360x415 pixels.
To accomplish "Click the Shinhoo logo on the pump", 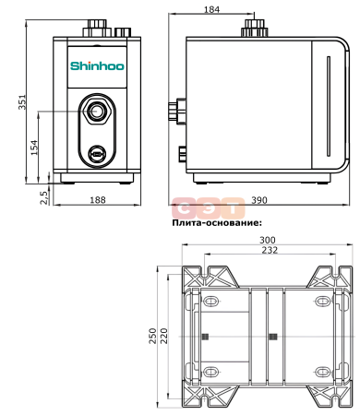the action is point(97,66).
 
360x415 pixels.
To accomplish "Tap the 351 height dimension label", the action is point(22,102).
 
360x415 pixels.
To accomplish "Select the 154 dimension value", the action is point(34,148).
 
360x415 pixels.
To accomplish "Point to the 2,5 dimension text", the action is point(44,197).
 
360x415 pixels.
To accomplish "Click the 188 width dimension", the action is point(98,200).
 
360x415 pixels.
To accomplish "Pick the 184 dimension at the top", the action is point(211,9).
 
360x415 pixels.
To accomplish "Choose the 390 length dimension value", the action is point(259,200).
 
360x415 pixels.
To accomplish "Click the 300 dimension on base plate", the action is point(268,240).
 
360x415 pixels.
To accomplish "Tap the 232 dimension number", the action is point(270,250).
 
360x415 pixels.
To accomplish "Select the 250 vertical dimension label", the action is point(153,336).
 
